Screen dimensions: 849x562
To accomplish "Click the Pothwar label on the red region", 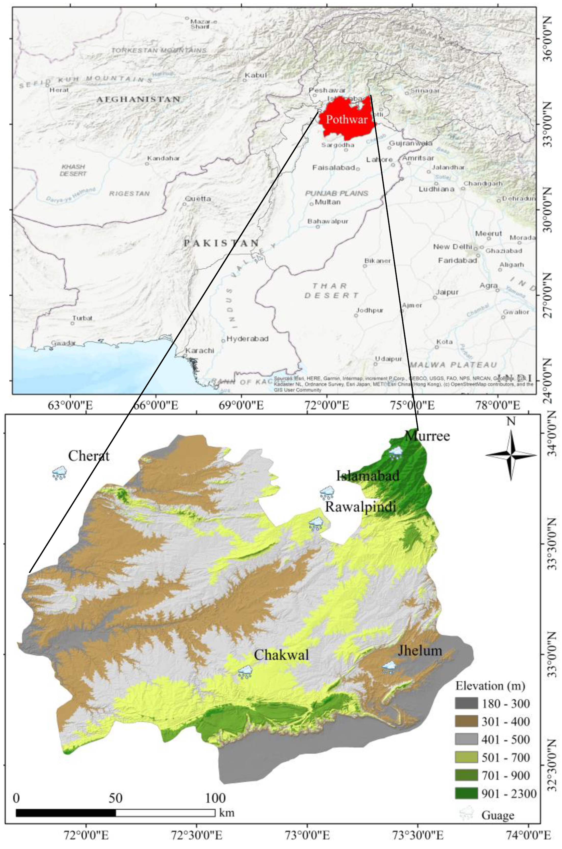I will point(347,119).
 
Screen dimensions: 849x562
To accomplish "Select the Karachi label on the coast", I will point(200,350).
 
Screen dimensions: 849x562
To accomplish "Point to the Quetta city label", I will point(198,199).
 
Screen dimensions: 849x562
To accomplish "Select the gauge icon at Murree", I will point(396,453).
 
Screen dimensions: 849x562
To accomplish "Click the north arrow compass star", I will point(511,456).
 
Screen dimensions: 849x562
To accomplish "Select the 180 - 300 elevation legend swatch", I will point(466,703).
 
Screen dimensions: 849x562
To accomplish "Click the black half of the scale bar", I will point(66,803).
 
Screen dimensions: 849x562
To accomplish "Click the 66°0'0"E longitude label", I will point(156,406).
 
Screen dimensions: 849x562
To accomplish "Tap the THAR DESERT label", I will point(331,290).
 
